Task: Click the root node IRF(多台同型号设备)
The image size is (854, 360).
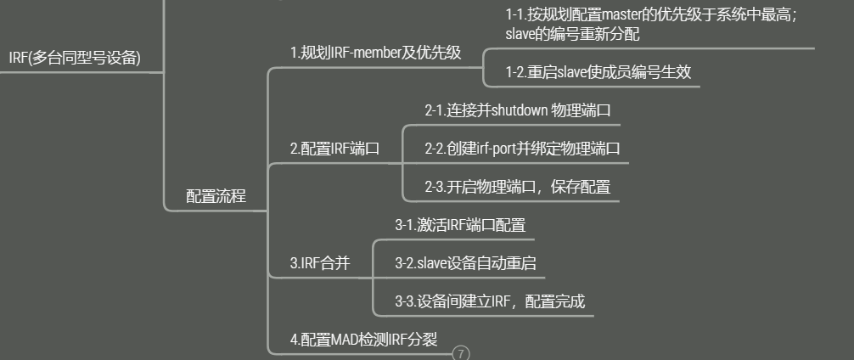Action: click(75, 58)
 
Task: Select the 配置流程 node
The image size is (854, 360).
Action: click(216, 196)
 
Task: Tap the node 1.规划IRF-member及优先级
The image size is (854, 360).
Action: click(375, 53)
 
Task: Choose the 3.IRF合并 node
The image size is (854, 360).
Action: click(320, 263)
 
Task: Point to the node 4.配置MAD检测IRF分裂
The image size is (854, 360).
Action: click(363, 339)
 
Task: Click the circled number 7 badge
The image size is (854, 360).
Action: click(461, 353)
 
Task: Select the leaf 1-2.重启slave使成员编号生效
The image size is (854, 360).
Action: click(598, 72)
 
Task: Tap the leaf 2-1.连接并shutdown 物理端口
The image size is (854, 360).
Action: click(518, 110)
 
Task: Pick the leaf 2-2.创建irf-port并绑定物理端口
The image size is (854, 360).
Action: click(522, 149)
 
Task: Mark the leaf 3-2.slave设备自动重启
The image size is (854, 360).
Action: click(465, 263)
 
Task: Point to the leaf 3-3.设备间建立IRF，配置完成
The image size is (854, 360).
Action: click(490, 301)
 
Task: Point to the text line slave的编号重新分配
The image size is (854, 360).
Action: click(572, 34)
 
